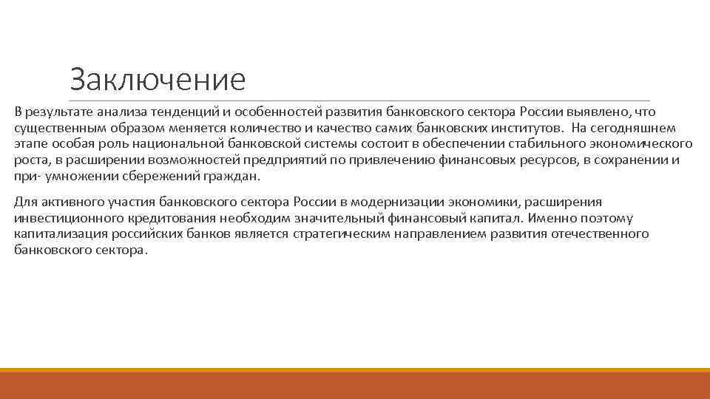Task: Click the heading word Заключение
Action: click(157, 80)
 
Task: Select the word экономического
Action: click(637, 143)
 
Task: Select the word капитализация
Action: click(57, 234)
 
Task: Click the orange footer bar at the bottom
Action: click(355, 383)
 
